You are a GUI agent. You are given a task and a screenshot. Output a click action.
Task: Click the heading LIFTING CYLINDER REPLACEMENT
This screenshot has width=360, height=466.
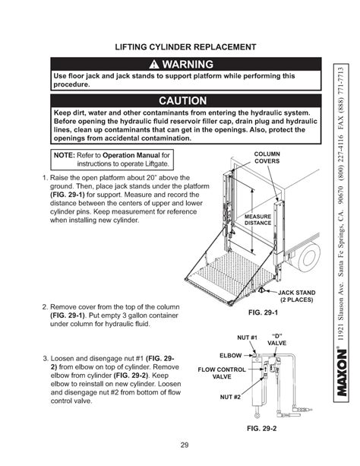pyautogui.click(x=185, y=47)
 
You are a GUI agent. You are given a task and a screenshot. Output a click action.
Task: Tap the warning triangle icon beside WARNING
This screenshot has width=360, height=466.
pyautogui.click(x=154, y=64)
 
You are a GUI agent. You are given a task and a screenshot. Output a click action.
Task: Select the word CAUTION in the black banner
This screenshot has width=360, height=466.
pyautogui.click(x=183, y=101)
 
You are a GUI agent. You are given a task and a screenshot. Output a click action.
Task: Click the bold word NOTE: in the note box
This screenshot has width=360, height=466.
pyautogui.click(x=64, y=155)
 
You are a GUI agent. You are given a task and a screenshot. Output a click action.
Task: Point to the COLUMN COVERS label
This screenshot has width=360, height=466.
pyautogui.click(x=267, y=157)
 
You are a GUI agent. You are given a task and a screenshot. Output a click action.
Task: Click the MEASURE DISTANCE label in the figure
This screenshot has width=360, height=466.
pyautogui.click(x=257, y=220)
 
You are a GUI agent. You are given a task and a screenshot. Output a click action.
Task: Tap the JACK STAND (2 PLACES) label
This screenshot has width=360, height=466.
pyautogui.click(x=296, y=296)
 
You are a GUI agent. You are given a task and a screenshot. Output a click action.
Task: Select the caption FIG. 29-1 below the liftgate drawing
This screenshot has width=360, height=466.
pyautogui.click(x=263, y=312)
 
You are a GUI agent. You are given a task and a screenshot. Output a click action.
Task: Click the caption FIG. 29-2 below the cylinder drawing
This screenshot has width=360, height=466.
pyautogui.click(x=262, y=428)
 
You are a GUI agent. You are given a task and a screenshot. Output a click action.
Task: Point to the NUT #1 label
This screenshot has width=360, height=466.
pyautogui.click(x=247, y=338)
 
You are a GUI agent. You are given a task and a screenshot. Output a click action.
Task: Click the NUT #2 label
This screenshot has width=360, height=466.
pyautogui.click(x=230, y=397)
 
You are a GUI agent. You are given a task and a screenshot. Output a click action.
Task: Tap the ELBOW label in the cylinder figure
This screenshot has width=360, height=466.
pyautogui.click(x=230, y=356)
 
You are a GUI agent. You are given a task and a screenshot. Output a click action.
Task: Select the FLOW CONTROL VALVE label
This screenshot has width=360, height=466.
pyautogui.click(x=222, y=373)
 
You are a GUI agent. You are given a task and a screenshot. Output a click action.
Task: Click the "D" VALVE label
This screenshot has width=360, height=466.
pyautogui.click(x=276, y=340)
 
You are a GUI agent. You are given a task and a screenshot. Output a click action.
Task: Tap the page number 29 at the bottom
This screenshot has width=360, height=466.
pyautogui.click(x=185, y=445)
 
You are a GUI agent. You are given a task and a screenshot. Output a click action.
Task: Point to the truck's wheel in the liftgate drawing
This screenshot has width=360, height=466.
pyautogui.click(x=308, y=256)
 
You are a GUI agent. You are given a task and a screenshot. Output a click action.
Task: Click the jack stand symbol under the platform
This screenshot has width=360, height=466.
pyautogui.click(x=261, y=290)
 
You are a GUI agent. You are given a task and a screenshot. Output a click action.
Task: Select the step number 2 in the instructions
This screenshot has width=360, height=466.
pyautogui.click(x=45, y=306)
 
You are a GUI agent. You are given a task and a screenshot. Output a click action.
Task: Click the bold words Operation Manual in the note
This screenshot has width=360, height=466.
pyautogui.click(x=131, y=155)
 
